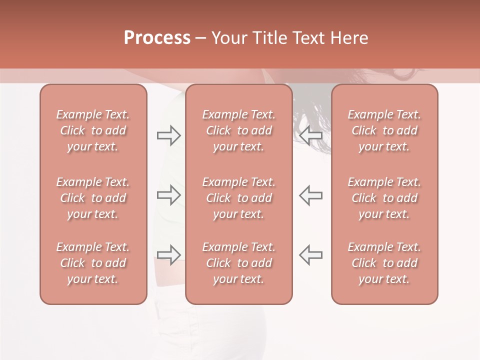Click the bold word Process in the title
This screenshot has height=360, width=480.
(x=157, y=38)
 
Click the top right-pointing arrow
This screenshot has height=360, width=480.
(x=168, y=135)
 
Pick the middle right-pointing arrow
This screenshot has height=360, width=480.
(x=168, y=195)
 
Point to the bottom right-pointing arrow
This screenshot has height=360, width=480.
(x=168, y=254)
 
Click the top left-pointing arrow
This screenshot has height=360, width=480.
(x=310, y=135)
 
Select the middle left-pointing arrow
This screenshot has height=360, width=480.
(x=310, y=195)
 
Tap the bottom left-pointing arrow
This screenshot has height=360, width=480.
(x=310, y=254)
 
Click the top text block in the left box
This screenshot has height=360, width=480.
(x=93, y=130)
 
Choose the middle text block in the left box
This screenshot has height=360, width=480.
(x=93, y=198)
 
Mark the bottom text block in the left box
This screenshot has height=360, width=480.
(x=93, y=263)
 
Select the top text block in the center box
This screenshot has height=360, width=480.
(x=238, y=130)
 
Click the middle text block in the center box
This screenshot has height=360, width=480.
(x=238, y=198)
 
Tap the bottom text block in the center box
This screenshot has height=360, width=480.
(x=238, y=263)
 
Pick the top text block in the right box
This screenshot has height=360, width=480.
(x=384, y=130)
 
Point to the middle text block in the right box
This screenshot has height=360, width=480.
(x=384, y=198)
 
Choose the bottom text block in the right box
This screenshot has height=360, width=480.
(x=384, y=263)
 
